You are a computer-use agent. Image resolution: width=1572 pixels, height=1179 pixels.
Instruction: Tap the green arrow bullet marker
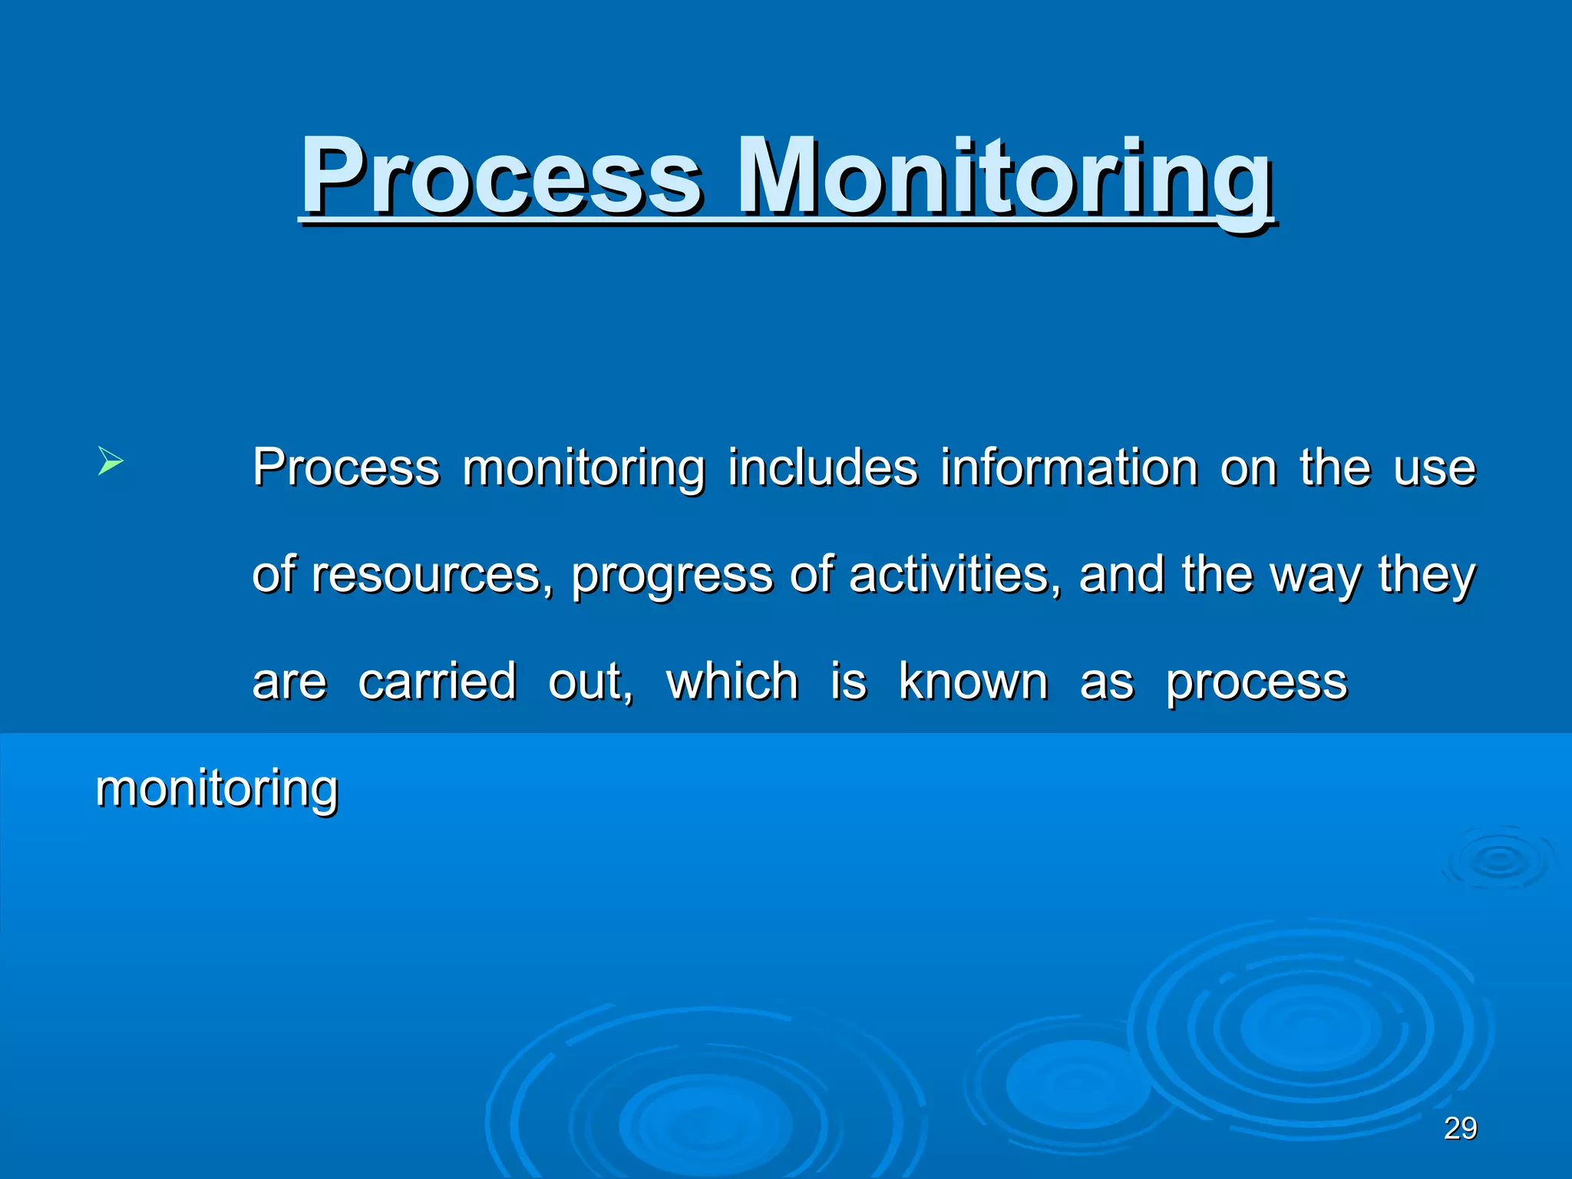point(111,462)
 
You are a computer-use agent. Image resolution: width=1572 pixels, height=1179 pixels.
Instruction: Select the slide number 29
point(1460,1128)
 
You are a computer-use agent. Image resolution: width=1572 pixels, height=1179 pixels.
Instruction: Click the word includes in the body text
point(823,467)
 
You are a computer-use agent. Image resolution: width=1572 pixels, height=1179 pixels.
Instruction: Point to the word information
point(1069,467)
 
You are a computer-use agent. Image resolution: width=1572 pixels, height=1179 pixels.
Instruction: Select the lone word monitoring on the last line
point(216,789)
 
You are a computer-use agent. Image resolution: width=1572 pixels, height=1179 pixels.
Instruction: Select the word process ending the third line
point(1257,683)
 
